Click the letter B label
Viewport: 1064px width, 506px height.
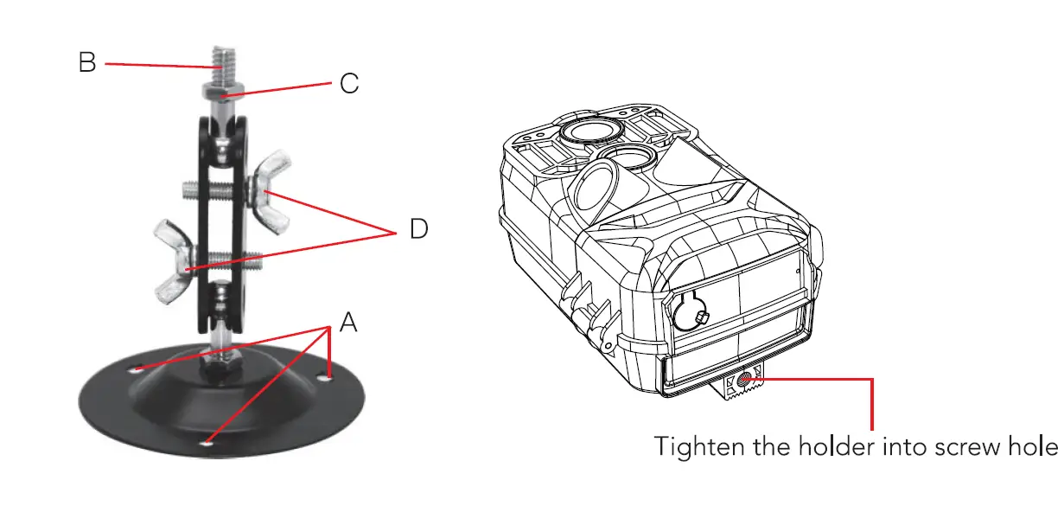pyautogui.click(x=87, y=62)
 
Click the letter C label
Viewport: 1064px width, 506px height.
pyautogui.click(x=348, y=84)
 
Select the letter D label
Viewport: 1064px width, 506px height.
pyautogui.click(x=418, y=230)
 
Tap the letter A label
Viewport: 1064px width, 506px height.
pyautogui.click(x=347, y=323)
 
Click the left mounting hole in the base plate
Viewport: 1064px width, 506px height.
pyautogui.click(x=137, y=369)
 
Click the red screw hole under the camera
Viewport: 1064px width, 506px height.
pyautogui.click(x=742, y=381)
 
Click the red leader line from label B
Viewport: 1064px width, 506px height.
pyautogui.click(x=156, y=64)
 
